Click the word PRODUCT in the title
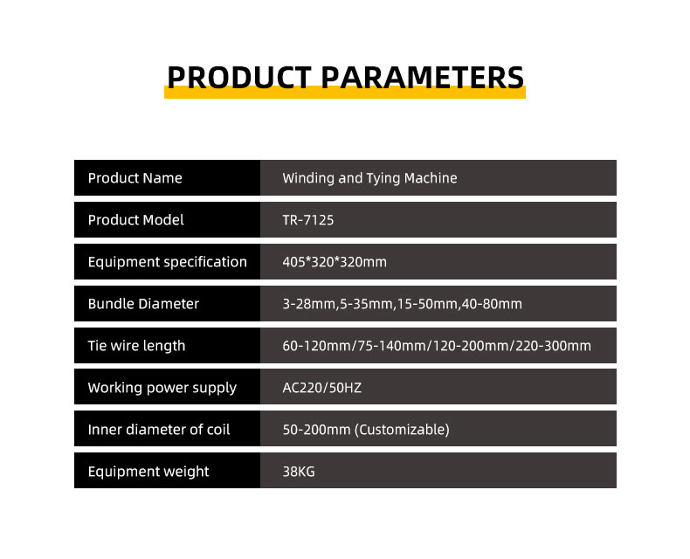pyautogui.click(x=239, y=78)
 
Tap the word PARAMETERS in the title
pyautogui.click(x=423, y=78)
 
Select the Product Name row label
pyautogui.click(x=135, y=178)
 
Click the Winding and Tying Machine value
pyautogui.click(x=369, y=178)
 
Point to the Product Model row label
pyautogui.click(x=136, y=219)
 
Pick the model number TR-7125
pyautogui.click(x=308, y=220)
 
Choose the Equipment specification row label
pyautogui.click(x=167, y=262)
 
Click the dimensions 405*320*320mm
pyautogui.click(x=335, y=262)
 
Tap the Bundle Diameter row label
pyautogui.click(x=143, y=304)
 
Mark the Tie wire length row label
pyautogui.click(x=136, y=346)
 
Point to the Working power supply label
pyautogui.click(x=162, y=388)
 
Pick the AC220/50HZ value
pyautogui.click(x=322, y=388)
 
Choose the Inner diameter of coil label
pyautogui.click(x=159, y=429)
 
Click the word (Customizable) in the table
pyautogui.click(x=402, y=430)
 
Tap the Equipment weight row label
pyautogui.click(x=148, y=472)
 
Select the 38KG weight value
pyautogui.click(x=299, y=472)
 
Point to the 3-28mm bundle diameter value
pyautogui.click(x=309, y=304)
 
